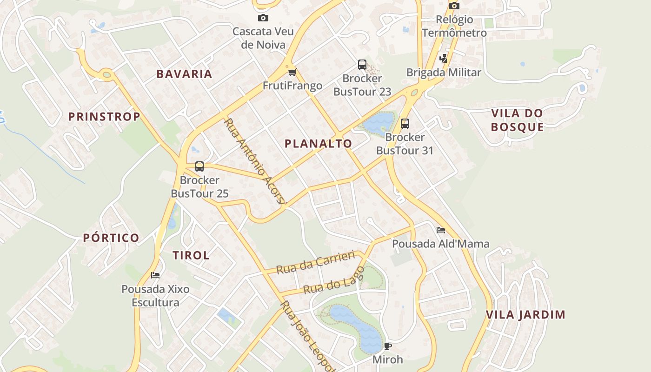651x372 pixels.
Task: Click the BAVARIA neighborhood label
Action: click(x=184, y=74)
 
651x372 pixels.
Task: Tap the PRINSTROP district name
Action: click(x=104, y=117)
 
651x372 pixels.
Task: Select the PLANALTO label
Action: click(x=318, y=144)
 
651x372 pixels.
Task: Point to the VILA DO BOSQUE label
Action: click(x=517, y=120)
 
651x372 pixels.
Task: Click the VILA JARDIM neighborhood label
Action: click(x=525, y=315)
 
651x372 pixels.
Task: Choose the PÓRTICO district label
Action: click(x=111, y=238)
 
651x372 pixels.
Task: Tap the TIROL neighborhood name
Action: click(x=191, y=255)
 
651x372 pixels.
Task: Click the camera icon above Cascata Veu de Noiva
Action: click(x=263, y=18)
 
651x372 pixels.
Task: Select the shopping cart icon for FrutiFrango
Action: click(x=292, y=72)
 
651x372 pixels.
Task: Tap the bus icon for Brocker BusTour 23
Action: click(x=362, y=65)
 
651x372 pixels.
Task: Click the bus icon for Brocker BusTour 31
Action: click(x=405, y=124)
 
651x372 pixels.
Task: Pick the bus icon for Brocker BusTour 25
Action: click(x=199, y=166)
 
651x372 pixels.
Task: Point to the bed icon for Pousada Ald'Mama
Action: click(x=440, y=230)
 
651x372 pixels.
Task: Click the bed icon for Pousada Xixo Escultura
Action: click(x=155, y=275)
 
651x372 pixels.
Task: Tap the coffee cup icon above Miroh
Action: click(x=388, y=346)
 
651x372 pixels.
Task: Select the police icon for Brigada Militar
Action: click(x=444, y=59)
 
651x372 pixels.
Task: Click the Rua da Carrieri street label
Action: click(x=315, y=263)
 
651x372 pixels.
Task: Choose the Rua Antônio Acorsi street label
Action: click(x=254, y=161)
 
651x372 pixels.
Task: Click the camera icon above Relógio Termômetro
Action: click(x=454, y=6)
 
